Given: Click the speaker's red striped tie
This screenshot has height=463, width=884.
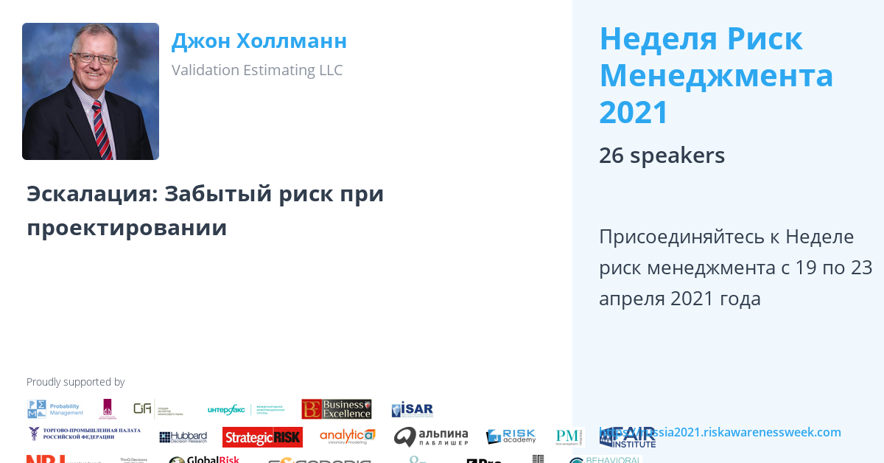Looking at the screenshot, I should click(x=102, y=129).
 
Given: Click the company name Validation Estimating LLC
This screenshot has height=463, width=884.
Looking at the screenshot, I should click(x=257, y=70).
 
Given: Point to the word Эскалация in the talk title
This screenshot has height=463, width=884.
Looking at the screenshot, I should click(x=91, y=194).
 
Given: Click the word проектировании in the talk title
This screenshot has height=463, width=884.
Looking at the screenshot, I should click(x=127, y=228).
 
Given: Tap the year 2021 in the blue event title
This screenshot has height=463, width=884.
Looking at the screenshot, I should click(x=634, y=113).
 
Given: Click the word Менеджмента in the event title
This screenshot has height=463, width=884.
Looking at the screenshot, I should click(x=716, y=75).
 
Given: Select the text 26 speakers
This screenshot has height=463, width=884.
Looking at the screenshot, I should click(x=662, y=156).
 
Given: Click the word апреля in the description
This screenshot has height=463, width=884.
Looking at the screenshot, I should click(x=632, y=299).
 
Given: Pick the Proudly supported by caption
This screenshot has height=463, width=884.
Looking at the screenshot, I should click(x=75, y=382).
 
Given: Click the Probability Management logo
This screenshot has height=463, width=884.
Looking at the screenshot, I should click(x=56, y=409).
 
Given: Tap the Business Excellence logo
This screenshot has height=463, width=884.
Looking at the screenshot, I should click(x=337, y=409).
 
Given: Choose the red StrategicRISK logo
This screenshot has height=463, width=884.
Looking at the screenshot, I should click(x=262, y=437).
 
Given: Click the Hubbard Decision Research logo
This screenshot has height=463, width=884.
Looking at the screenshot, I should click(x=183, y=437).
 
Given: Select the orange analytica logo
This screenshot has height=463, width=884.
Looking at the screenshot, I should click(x=347, y=436).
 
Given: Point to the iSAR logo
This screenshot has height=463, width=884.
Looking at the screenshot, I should click(x=412, y=409).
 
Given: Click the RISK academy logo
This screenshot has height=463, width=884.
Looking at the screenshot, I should click(x=511, y=436).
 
